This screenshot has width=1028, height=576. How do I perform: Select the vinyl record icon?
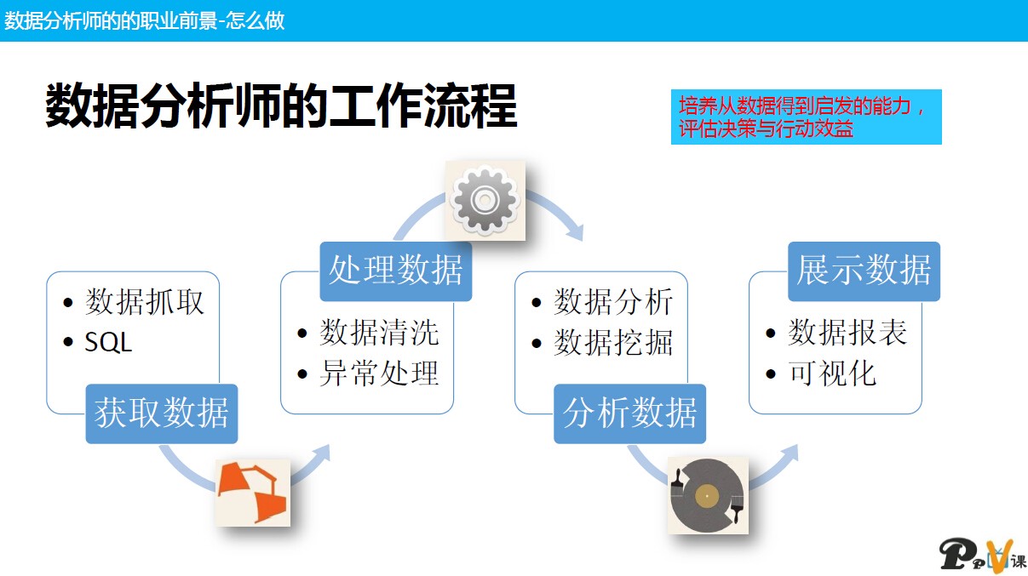click(x=707, y=496)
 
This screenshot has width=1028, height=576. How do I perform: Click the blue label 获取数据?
click(x=162, y=413)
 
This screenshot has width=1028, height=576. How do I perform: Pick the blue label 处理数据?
click(x=396, y=271)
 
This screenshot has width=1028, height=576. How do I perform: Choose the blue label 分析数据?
click(x=630, y=413)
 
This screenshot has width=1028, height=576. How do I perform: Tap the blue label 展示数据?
click(x=864, y=271)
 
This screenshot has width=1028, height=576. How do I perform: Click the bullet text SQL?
click(x=109, y=342)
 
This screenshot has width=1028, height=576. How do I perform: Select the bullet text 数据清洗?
click(x=379, y=333)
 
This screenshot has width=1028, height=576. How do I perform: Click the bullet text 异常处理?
click(x=379, y=373)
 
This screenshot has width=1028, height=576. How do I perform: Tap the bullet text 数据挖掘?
click(x=613, y=342)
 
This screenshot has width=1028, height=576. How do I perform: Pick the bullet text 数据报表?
click(x=847, y=333)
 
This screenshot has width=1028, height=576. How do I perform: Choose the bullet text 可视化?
click(x=832, y=373)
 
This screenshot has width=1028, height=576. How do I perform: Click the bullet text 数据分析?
click(x=613, y=302)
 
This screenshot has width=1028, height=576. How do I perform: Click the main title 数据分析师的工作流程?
click(x=281, y=106)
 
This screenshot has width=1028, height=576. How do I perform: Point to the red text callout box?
click(x=806, y=117)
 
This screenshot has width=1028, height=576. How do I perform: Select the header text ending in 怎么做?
click(x=145, y=20)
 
